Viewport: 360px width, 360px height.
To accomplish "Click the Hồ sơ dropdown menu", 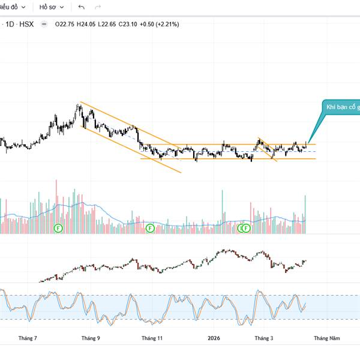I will (52, 7).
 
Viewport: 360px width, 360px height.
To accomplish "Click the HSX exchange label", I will (26, 24).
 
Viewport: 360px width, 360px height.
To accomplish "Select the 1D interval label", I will (10, 24).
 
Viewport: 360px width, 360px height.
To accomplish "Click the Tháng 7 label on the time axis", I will (28, 338).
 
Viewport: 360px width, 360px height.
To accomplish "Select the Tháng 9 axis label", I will (91, 338).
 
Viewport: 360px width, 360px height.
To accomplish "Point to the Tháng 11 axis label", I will (152, 338).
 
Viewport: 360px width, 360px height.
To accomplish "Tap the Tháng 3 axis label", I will (263, 338).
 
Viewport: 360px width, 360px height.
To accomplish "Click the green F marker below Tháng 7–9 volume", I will (58, 228).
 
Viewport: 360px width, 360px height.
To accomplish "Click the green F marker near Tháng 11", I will (149, 228).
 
